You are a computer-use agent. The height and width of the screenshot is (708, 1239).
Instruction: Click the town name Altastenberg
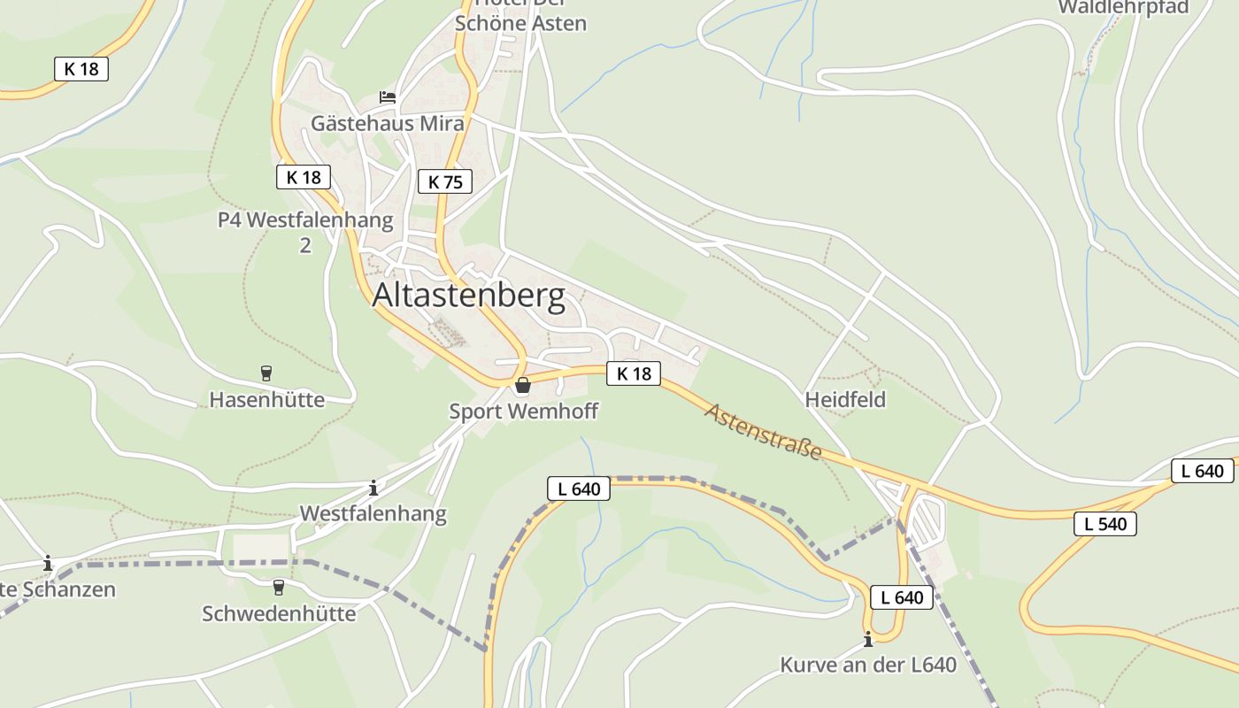pos(468,296)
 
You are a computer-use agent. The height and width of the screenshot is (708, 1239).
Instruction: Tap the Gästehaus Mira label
pos(387,123)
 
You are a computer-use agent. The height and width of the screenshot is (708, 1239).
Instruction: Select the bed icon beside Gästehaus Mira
pos(387,96)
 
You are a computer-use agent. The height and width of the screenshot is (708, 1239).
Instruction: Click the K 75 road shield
pos(444,181)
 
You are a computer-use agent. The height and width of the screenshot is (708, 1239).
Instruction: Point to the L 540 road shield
pos(1105,524)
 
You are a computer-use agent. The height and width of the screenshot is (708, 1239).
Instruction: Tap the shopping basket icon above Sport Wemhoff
pos(523,385)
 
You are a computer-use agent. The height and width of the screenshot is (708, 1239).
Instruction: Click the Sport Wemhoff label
pos(523,411)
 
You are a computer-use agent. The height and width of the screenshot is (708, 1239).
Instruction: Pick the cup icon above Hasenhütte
pos(265,373)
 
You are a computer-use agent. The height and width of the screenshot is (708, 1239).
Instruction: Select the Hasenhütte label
pos(266,400)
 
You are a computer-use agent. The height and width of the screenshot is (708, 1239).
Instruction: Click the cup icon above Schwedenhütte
pos(279,587)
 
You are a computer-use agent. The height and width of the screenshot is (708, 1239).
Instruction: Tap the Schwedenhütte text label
pos(279,613)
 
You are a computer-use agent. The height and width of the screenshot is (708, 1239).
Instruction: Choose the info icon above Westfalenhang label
pos(373,487)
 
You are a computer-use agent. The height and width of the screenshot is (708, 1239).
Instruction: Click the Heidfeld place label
pos(845,400)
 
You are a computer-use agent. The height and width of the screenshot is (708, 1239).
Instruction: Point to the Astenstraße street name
pos(763,431)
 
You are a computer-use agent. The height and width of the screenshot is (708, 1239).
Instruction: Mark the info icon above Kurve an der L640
pos(868,639)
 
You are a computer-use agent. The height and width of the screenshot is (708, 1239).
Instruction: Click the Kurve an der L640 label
pos(868,665)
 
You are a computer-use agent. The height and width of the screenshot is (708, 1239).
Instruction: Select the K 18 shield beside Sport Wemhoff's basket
pos(634,373)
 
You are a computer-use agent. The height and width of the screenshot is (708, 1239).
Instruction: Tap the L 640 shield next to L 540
pos(1203,471)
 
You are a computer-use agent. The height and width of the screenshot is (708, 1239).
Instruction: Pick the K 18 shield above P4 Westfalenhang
pos(303,177)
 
